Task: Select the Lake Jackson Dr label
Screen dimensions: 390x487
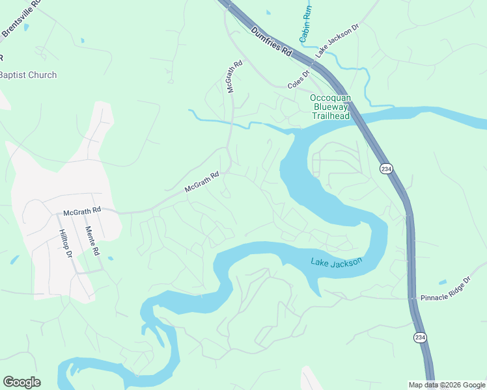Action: pyautogui.click(x=337, y=43)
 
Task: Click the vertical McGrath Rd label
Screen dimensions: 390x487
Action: pyautogui.click(x=235, y=77)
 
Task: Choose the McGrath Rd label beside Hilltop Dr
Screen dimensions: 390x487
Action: pyautogui.click(x=82, y=211)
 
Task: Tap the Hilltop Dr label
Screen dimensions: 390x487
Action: pyautogui.click(x=64, y=244)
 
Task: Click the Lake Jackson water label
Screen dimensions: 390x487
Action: pyautogui.click(x=336, y=262)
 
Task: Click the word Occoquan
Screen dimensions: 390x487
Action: pyautogui.click(x=330, y=98)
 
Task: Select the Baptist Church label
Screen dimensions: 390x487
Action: pyautogui.click(x=28, y=75)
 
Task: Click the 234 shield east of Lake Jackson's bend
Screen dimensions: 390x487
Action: pyautogui.click(x=386, y=168)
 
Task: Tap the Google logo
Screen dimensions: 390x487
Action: pyautogui.click(x=22, y=382)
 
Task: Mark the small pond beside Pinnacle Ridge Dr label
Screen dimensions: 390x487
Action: pyautogui.click(x=443, y=282)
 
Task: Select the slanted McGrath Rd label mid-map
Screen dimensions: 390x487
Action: pyautogui.click(x=202, y=182)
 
